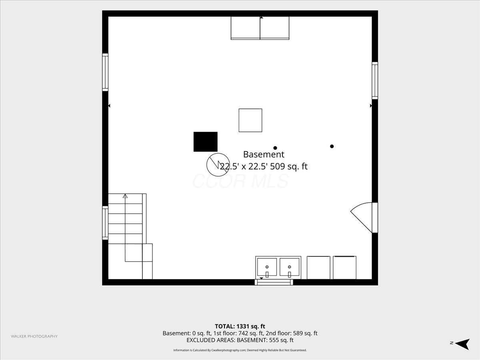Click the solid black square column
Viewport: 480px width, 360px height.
point(205,142)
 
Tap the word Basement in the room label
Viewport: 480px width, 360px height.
point(264,154)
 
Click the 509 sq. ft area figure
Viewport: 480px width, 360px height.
point(289,166)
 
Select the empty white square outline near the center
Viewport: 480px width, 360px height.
point(250,120)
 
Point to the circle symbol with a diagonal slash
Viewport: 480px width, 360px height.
point(218,164)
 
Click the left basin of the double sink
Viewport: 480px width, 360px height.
point(267,267)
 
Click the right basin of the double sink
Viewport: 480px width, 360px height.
point(289,267)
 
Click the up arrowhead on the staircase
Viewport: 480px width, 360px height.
point(125,196)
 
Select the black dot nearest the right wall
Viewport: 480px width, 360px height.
point(332,146)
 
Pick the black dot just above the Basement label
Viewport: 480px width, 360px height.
point(275,148)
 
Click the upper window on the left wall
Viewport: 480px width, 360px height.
point(105,72)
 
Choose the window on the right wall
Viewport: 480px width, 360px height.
point(375,80)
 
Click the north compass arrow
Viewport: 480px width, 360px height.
point(462,344)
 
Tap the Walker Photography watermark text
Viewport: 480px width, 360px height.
point(34,336)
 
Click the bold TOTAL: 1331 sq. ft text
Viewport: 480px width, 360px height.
point(240,326)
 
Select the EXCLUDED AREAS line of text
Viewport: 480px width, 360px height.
point(240,340)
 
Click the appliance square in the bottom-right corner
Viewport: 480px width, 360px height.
point(345,268)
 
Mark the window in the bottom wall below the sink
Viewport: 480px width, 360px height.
point(274,282)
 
